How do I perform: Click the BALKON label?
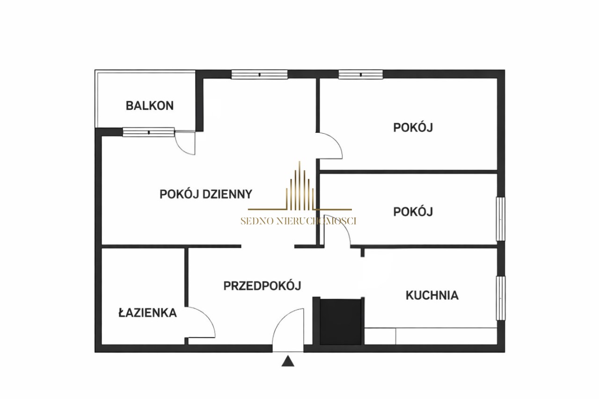coord(150,106)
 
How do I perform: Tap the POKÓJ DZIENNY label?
coord(206,194)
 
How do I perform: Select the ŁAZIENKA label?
coord(147,312)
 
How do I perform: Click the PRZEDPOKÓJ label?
coord(263,286)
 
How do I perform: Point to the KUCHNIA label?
coord(432,296)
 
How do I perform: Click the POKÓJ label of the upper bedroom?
coord(413,127)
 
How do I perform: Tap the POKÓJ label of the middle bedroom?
coord(413,211)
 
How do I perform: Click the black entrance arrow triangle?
coord(288,361)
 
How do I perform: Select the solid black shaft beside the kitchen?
coord(341,322)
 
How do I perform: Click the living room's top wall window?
coord(259,74)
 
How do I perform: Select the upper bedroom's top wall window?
coord(360,74)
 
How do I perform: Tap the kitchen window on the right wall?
coord(501,298)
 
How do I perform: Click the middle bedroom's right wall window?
coord(501,219)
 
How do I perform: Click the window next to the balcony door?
coord(148,132)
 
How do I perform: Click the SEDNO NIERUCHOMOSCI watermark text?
coord(299,221)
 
